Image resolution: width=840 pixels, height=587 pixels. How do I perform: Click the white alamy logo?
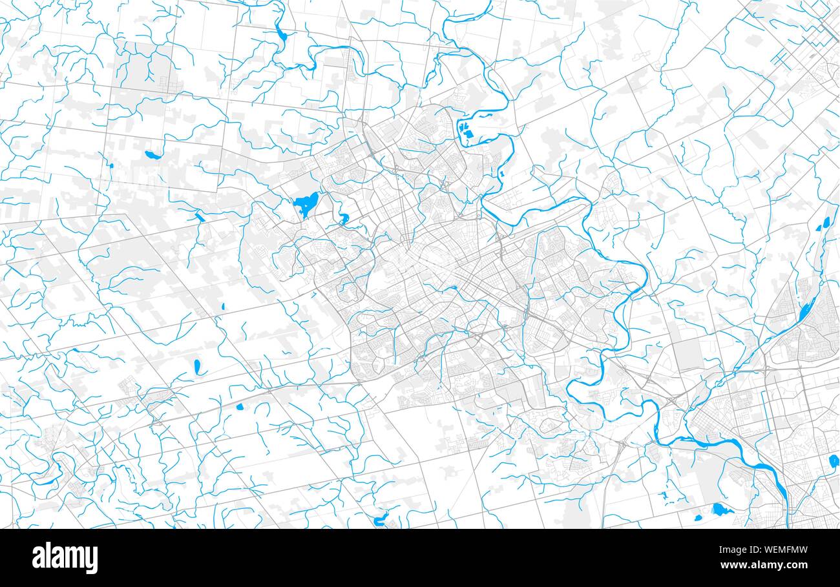[65, 558]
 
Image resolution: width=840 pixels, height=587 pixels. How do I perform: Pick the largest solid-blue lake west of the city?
[305, 204]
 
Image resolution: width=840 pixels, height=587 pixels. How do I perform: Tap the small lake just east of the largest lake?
[343, 218]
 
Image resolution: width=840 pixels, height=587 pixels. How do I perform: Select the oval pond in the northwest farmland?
[152, 155]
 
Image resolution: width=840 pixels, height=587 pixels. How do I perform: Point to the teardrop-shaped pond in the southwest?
[197, 367]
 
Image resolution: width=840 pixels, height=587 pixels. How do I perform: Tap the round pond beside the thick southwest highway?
[240, 407]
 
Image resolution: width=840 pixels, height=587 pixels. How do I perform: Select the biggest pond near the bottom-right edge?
[721, 510]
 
